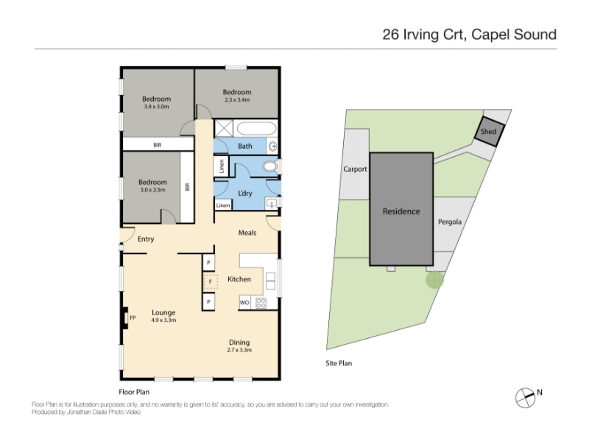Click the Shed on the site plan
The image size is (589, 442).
(489, 132)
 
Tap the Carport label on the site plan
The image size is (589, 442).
(355, 169)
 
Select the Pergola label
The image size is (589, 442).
(450, 222)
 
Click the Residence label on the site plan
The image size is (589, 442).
(401, 211)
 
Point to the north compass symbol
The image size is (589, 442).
(525, 398)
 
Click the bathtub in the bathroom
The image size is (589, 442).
(256, 128)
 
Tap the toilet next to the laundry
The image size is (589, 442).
(269, 166)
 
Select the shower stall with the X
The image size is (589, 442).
(224, 128)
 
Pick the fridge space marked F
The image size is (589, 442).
(211, 281)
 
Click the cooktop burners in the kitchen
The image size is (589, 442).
(261, 303)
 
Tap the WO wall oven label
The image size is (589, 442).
(244, 303)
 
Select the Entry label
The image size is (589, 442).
(146, 239)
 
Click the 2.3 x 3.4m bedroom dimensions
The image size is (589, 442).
(237, 100)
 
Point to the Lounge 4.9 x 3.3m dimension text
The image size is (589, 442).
(163, 320)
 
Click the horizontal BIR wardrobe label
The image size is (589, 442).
(158, 144)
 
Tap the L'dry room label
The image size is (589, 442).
(245, 193)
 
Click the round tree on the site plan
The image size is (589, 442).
(434, 280)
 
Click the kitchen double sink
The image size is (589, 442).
(270, 281)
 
